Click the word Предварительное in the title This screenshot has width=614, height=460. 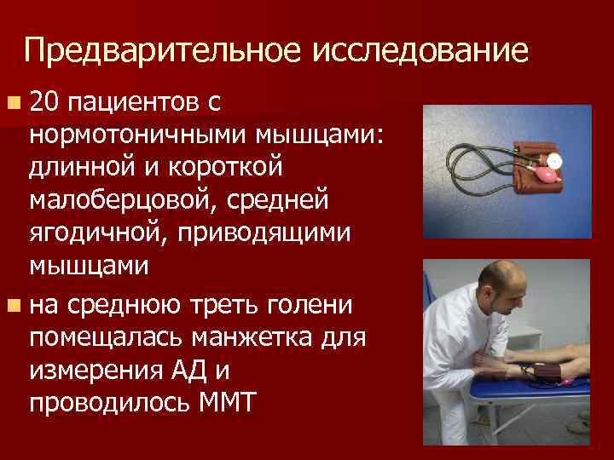pyautogui.click(x=162, y=52)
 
